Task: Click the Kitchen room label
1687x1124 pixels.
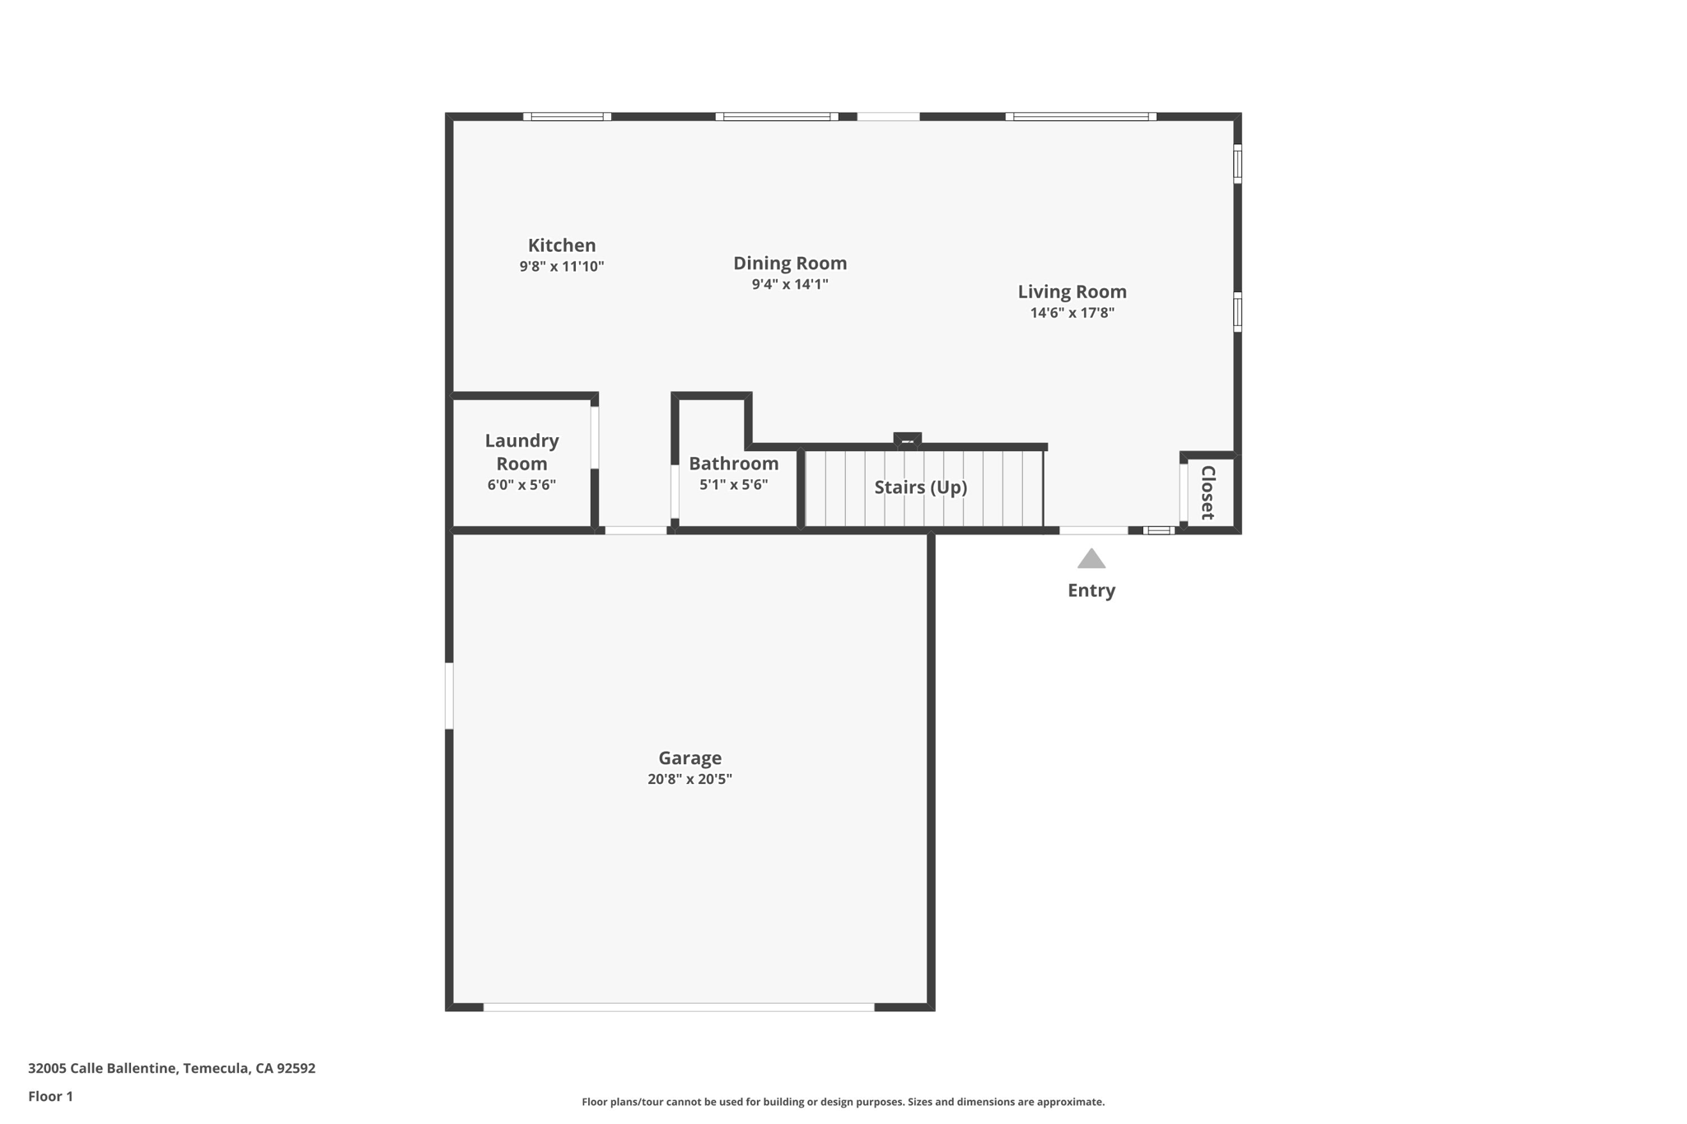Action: point(562,245)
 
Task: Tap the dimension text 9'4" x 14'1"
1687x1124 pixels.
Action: point(789,285)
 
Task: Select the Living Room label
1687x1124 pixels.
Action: point(1072,291)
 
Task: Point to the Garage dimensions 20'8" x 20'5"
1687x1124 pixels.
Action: point(689,779)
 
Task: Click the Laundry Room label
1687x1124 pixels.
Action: point(521,452)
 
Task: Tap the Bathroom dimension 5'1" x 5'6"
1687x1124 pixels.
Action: point(733,485)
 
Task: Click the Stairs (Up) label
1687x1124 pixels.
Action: point(920,487)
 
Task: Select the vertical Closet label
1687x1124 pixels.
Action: point(1208,492)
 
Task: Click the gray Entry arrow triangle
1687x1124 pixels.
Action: point(1091,560)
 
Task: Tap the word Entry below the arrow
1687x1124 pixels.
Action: point(1091,590)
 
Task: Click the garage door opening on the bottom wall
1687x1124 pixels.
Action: point(678,1007)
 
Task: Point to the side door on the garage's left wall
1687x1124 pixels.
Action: point(449,696)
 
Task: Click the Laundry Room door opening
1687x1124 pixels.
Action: point(595,437)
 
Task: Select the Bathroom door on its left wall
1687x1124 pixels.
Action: point(675,492)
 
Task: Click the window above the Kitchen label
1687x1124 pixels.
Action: point(567,117)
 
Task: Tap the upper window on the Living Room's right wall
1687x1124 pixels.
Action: point(1237,164)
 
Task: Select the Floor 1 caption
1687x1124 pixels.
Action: point(50,1096)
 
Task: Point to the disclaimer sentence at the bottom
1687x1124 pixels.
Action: point(843,1102)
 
